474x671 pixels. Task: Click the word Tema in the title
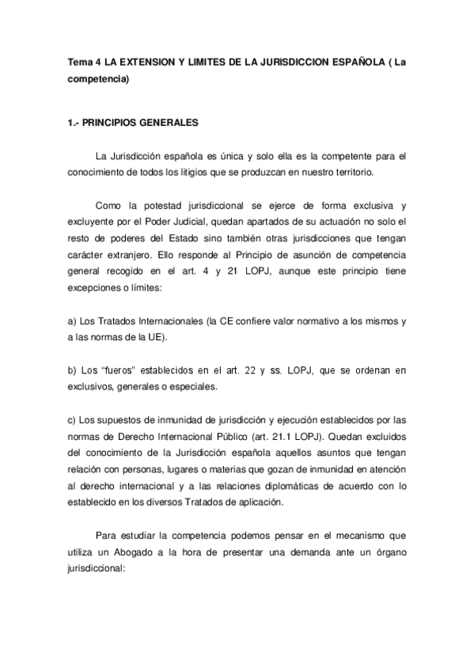pyautogui.click(x=77, y=62)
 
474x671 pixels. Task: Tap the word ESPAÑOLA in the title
pyautogui.click(x=358, y=62)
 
